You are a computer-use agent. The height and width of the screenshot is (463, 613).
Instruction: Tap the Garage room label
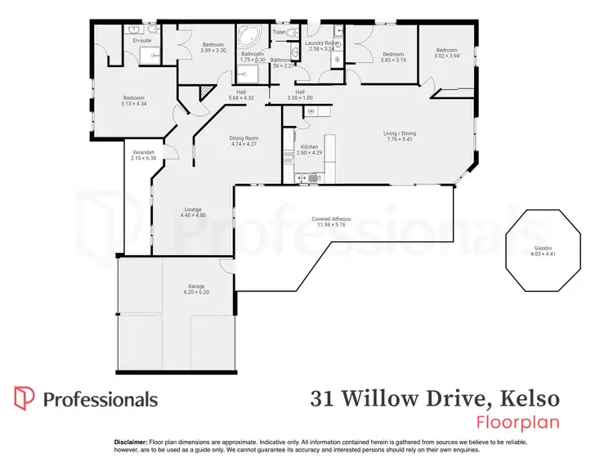196,286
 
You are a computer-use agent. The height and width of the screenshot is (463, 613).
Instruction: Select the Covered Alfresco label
331,219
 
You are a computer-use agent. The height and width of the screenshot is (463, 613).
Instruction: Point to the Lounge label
193,209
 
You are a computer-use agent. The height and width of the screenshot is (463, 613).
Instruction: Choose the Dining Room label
244,138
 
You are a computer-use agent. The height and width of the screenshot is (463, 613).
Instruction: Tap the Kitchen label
309,147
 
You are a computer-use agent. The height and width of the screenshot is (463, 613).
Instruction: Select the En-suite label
142,40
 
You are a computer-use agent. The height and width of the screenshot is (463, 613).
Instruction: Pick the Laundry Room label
322,43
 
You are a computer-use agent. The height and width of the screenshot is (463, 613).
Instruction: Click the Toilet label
279,33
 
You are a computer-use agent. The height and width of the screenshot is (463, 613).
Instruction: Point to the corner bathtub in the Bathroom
248,37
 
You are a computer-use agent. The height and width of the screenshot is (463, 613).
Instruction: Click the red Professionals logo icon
25,398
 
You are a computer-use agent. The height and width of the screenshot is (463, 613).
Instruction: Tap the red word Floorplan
518,423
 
